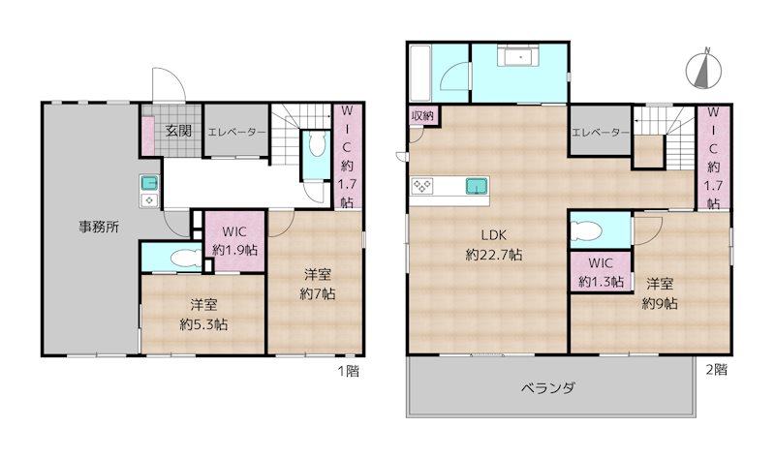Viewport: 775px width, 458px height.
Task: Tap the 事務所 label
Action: (x=99, y=229)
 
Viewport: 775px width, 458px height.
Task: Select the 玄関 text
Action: (x=176, y=130)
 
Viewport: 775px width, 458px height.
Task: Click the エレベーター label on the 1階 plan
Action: (x=237, y=132)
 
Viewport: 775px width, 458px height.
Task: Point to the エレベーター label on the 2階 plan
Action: (x=601, y=132)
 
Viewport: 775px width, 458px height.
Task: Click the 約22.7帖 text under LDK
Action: (x=494, y=255)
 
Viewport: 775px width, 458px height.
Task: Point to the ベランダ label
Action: (x=548, y=388)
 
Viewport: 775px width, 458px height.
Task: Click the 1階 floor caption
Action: (x=346, y=370)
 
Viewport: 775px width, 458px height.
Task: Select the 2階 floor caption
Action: (x=716, y=370)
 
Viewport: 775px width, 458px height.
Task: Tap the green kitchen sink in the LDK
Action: (x=476, y=186)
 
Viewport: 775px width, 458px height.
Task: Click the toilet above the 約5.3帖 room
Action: (x=174, y=259)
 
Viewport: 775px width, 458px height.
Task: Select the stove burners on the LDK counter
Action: (x=423, y=187)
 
